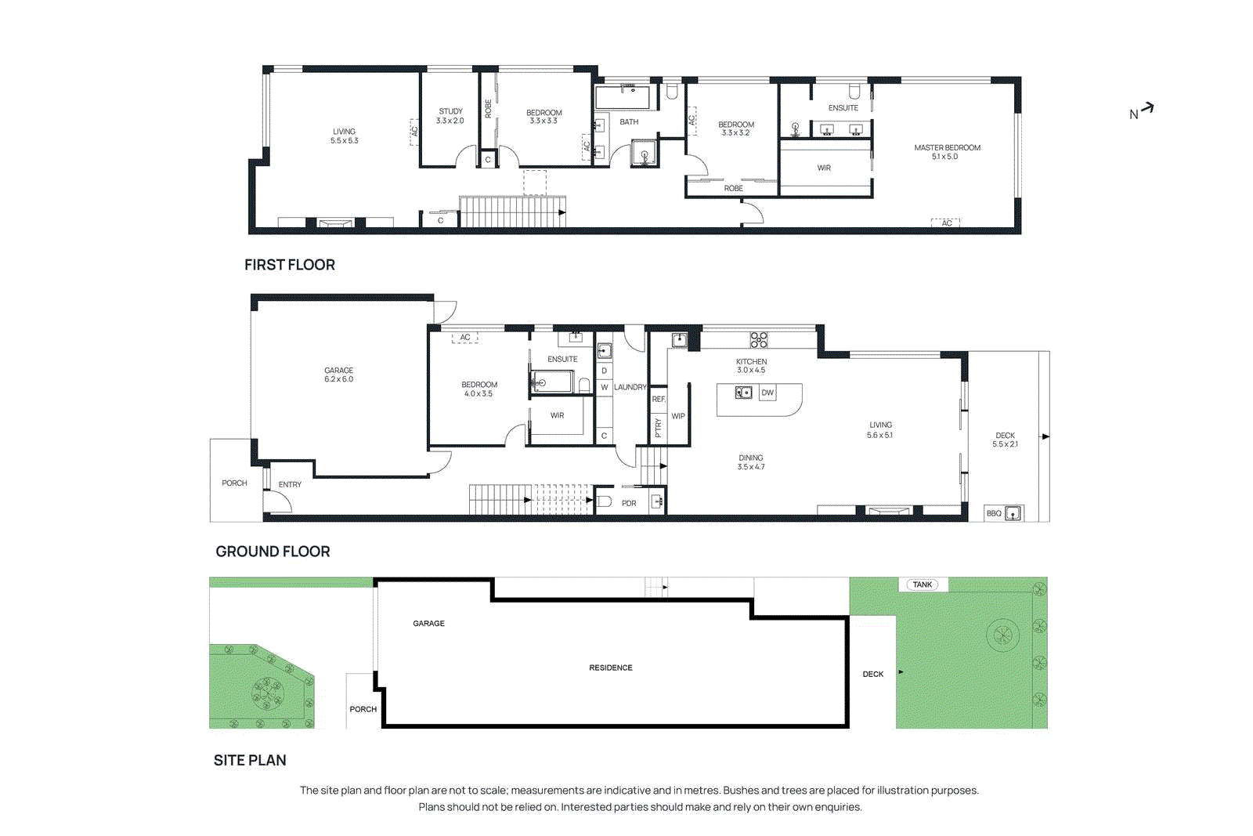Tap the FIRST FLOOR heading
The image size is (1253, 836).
pos(289,265)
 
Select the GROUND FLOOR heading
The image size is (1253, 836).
pos(273,552)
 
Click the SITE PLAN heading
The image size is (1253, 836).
pos(250,760)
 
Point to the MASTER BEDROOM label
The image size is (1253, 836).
pos(947,148)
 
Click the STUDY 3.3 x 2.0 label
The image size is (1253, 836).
pos(450,116)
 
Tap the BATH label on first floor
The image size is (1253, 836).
pos(629,122)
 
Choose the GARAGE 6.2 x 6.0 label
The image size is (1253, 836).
pos(338,375)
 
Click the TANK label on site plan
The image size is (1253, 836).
pos(923,584)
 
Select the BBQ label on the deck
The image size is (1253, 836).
pos(994,513)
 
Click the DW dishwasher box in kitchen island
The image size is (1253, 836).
pos(767,393)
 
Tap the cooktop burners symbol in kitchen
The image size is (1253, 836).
pos(759,339)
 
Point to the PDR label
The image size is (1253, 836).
pos(629,503)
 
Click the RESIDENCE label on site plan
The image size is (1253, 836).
pos(611,668)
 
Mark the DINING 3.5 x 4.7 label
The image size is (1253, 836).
pos(750,462)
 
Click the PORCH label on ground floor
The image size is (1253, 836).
pos(234,483)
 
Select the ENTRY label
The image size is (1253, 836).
pos(290,484)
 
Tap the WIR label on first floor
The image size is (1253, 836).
pos(824,168)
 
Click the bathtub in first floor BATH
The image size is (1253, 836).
pos(623,98)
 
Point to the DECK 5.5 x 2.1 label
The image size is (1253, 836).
pos(1005,440)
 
